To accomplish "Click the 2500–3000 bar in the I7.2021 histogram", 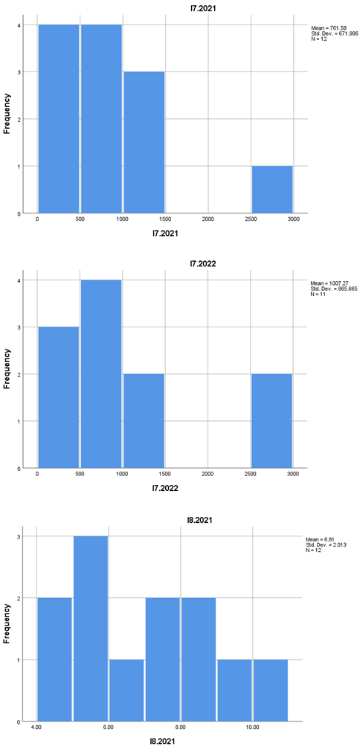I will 271,190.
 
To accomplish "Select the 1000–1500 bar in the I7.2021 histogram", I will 144,142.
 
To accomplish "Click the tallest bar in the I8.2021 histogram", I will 91,629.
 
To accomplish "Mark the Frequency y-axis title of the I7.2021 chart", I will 7,112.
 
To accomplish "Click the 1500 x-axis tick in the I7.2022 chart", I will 165,475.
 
